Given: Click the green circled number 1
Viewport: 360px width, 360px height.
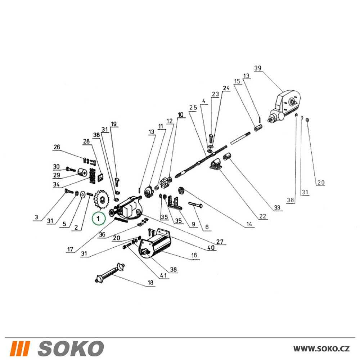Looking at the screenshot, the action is [x=99, y=219].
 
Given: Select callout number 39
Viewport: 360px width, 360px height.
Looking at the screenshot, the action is [x=258, y=68].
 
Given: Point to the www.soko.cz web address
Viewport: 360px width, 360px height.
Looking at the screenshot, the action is [x=321, y=349].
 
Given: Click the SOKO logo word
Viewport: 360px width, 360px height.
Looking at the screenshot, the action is [x=71, y=348].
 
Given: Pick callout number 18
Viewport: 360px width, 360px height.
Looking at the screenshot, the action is [x=150, y=282].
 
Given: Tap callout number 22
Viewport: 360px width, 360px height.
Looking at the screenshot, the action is [x=262, y=216].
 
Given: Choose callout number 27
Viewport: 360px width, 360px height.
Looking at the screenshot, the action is [x=220, y=242].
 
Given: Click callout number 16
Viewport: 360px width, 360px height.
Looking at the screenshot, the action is [x=194, y=255].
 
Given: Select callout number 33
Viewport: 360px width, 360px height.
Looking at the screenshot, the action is [x=277, y=208].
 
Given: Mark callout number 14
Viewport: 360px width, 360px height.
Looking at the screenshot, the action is [x=249, y=224].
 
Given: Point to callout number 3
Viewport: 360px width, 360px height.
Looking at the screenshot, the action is [x=36, y=217].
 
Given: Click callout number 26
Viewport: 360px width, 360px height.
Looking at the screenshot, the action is [x=57, y=147].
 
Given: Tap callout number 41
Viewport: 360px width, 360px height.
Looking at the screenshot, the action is [x=163, y=275].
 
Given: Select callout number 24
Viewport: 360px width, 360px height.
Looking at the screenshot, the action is [x=226, y=88].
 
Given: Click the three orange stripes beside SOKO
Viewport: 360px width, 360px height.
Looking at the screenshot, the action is [x=20, y=348].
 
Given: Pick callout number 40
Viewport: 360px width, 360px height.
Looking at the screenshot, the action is [x=211, y=247].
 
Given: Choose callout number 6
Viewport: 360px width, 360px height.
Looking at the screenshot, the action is [x=207, y=227].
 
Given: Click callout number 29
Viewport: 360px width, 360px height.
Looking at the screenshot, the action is [x=57, y=175].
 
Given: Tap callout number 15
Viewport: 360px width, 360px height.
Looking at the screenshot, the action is [x=237, y=81].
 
